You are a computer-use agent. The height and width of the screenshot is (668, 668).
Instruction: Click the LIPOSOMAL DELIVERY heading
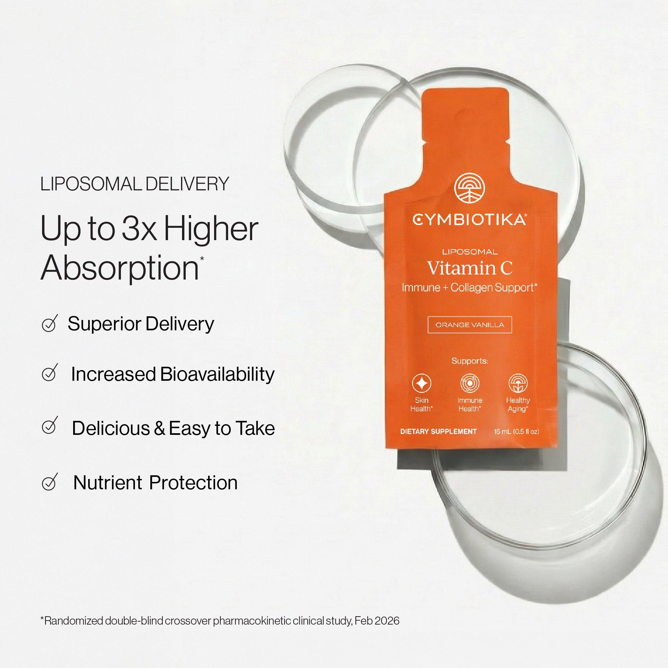135,184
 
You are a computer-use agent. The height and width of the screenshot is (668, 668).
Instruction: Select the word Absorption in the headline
120,269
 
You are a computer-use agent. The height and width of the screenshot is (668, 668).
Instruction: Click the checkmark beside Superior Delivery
49,324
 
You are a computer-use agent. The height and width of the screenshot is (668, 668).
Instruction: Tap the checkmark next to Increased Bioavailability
49,374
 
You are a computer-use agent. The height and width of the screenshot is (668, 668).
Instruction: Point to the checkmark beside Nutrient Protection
49,482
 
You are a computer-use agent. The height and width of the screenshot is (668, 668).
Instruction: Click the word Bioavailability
217,374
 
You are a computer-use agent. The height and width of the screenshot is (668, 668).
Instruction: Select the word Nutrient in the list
108,482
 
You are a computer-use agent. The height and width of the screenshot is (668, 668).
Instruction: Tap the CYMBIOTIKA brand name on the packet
469,219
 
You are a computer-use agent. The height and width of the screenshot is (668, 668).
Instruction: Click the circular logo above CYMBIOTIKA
469,188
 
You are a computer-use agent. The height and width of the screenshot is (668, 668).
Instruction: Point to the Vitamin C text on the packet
470,268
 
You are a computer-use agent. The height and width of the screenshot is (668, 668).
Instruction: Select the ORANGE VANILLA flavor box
470,325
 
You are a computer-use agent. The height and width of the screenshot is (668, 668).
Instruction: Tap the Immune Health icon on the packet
470,383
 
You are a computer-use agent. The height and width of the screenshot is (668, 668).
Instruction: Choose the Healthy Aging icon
518,383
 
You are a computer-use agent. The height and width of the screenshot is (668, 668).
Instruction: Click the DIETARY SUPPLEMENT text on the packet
438,432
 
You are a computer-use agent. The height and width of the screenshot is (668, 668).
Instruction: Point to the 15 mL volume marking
502,432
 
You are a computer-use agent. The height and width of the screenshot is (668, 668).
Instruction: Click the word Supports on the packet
470,361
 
